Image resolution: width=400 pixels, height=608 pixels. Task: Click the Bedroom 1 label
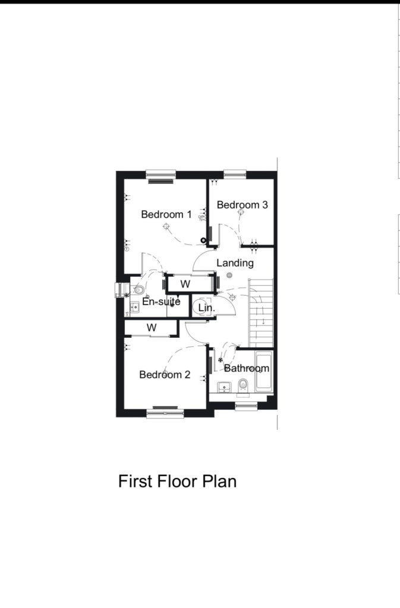(x=166, y=214)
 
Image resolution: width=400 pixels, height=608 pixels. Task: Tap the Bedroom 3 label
(x=242, y=205)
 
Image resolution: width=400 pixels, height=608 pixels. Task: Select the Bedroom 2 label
(x=165, y=375)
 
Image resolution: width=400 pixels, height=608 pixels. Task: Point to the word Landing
(x=235, y=263)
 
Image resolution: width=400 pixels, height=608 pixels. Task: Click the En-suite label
(x=162, y=301)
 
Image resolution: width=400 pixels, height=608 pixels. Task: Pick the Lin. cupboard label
(x=206, y=308)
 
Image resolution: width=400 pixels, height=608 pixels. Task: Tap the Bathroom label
(x=247, y=368)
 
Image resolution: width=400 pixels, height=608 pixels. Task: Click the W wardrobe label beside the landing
(x=185, y=284)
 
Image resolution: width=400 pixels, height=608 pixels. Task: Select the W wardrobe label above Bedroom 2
(x=152, y=328)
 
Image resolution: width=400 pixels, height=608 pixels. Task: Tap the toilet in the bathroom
(x=243, y=385)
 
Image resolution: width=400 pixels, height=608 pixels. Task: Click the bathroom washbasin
(x=224, y=387)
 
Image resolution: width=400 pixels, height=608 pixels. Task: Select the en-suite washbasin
(x=135, y=307)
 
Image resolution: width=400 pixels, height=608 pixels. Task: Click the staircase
(x=261, y=313)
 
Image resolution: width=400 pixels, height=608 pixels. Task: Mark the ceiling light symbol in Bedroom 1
(x=166, y=226)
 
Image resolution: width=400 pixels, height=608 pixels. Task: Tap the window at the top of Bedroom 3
(x=235, y=175)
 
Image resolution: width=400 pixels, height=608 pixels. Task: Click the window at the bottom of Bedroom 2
(x=165, y=413)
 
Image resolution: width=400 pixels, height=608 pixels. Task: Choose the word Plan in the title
(x=219, y=481)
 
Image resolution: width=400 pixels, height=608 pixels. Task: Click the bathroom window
(x=247, y=406)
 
